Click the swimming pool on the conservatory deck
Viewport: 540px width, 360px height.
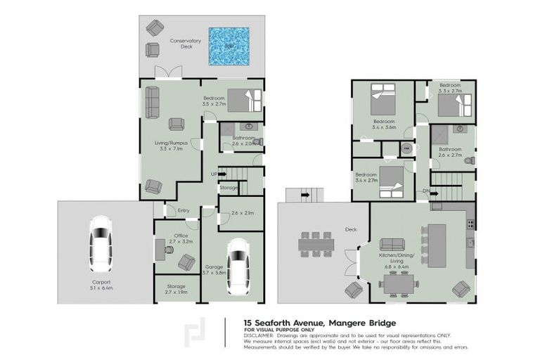point(229,46)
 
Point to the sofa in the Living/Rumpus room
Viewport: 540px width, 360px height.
point(152,103)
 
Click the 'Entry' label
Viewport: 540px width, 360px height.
point(183,210)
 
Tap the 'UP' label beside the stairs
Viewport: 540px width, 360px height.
point(214,174)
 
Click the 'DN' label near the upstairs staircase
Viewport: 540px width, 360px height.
point(426,191)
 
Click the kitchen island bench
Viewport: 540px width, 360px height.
point(437,245)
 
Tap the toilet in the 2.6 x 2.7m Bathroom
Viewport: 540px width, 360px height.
point(469,161)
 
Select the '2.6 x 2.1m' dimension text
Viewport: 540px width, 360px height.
point(241,213)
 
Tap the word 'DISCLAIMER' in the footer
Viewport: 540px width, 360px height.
point(260,335)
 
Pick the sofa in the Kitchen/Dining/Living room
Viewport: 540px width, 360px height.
point(392,244)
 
